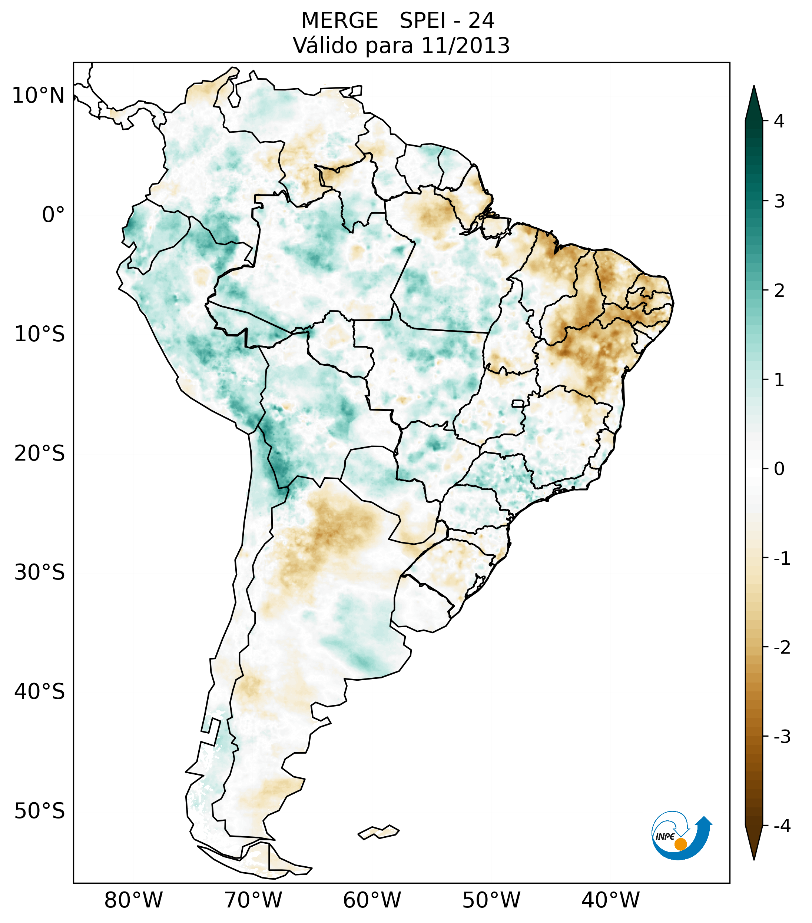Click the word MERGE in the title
[x=339, y=21]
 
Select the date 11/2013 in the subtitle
[x=465, y=46]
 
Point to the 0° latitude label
[x=53, y=215]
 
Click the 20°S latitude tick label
[x=40, y=454]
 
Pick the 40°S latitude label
[x=40, y=692]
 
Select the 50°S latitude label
[x=40, y=811]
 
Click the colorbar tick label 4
[x=779, y=121]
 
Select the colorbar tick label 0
[x=779, y=469]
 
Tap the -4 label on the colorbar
[x=782, y=826]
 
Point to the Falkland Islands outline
[x=378, y=832]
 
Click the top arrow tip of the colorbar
[x=754, y=87]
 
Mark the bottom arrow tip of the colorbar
[x=754, y=859]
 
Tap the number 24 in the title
[x=481, y=21]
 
